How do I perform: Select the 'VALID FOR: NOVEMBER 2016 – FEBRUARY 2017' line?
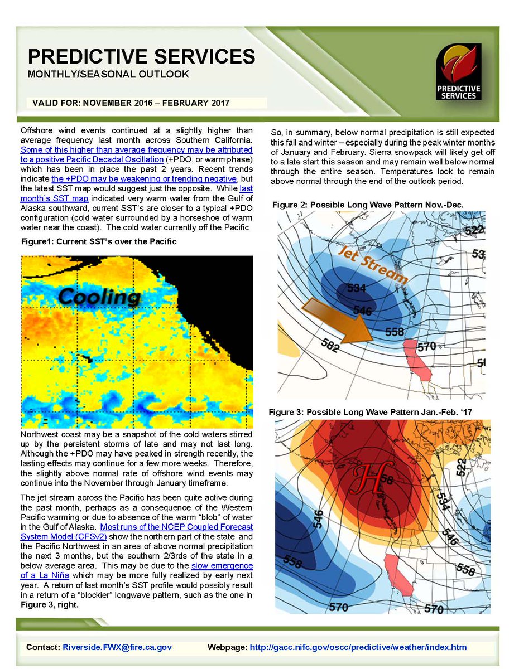coord(131,103)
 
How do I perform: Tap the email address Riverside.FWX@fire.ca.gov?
coord(117,647)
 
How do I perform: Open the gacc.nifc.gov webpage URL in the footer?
coord(358,647)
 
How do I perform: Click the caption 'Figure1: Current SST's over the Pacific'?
coord(98,241)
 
